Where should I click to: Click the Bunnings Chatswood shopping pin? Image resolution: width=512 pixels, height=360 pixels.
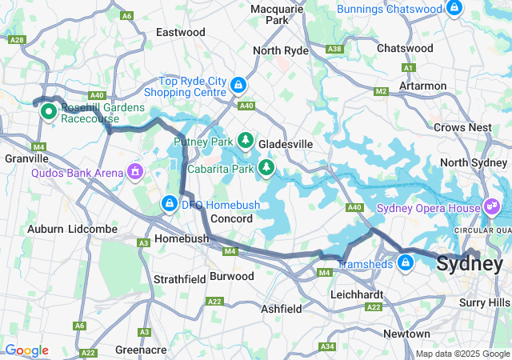click(454, 8)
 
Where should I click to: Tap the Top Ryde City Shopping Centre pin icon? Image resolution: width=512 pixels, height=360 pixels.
click(238, 86)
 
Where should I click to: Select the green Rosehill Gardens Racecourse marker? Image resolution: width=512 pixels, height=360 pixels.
click(48, 111)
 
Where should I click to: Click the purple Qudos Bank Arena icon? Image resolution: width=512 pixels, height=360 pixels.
click(136, 171)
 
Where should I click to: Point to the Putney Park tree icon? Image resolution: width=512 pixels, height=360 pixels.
click(246, 142)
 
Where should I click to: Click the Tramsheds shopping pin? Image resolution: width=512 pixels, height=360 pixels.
click(406, 262)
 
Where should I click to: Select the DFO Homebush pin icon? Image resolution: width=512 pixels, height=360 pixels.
click(170, 205)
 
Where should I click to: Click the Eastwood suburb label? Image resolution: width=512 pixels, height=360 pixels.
click(180, 33)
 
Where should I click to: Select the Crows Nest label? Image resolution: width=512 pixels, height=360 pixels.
click(462, 127)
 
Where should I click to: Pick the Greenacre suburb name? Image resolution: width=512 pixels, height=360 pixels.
click(140, 350)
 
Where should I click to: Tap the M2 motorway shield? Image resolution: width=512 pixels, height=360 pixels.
click(381, 91)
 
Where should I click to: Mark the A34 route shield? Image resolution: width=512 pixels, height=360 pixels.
click(326, 346)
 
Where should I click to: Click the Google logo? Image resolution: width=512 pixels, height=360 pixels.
click(26, 350)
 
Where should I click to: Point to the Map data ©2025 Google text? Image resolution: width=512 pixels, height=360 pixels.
click(462, 354)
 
